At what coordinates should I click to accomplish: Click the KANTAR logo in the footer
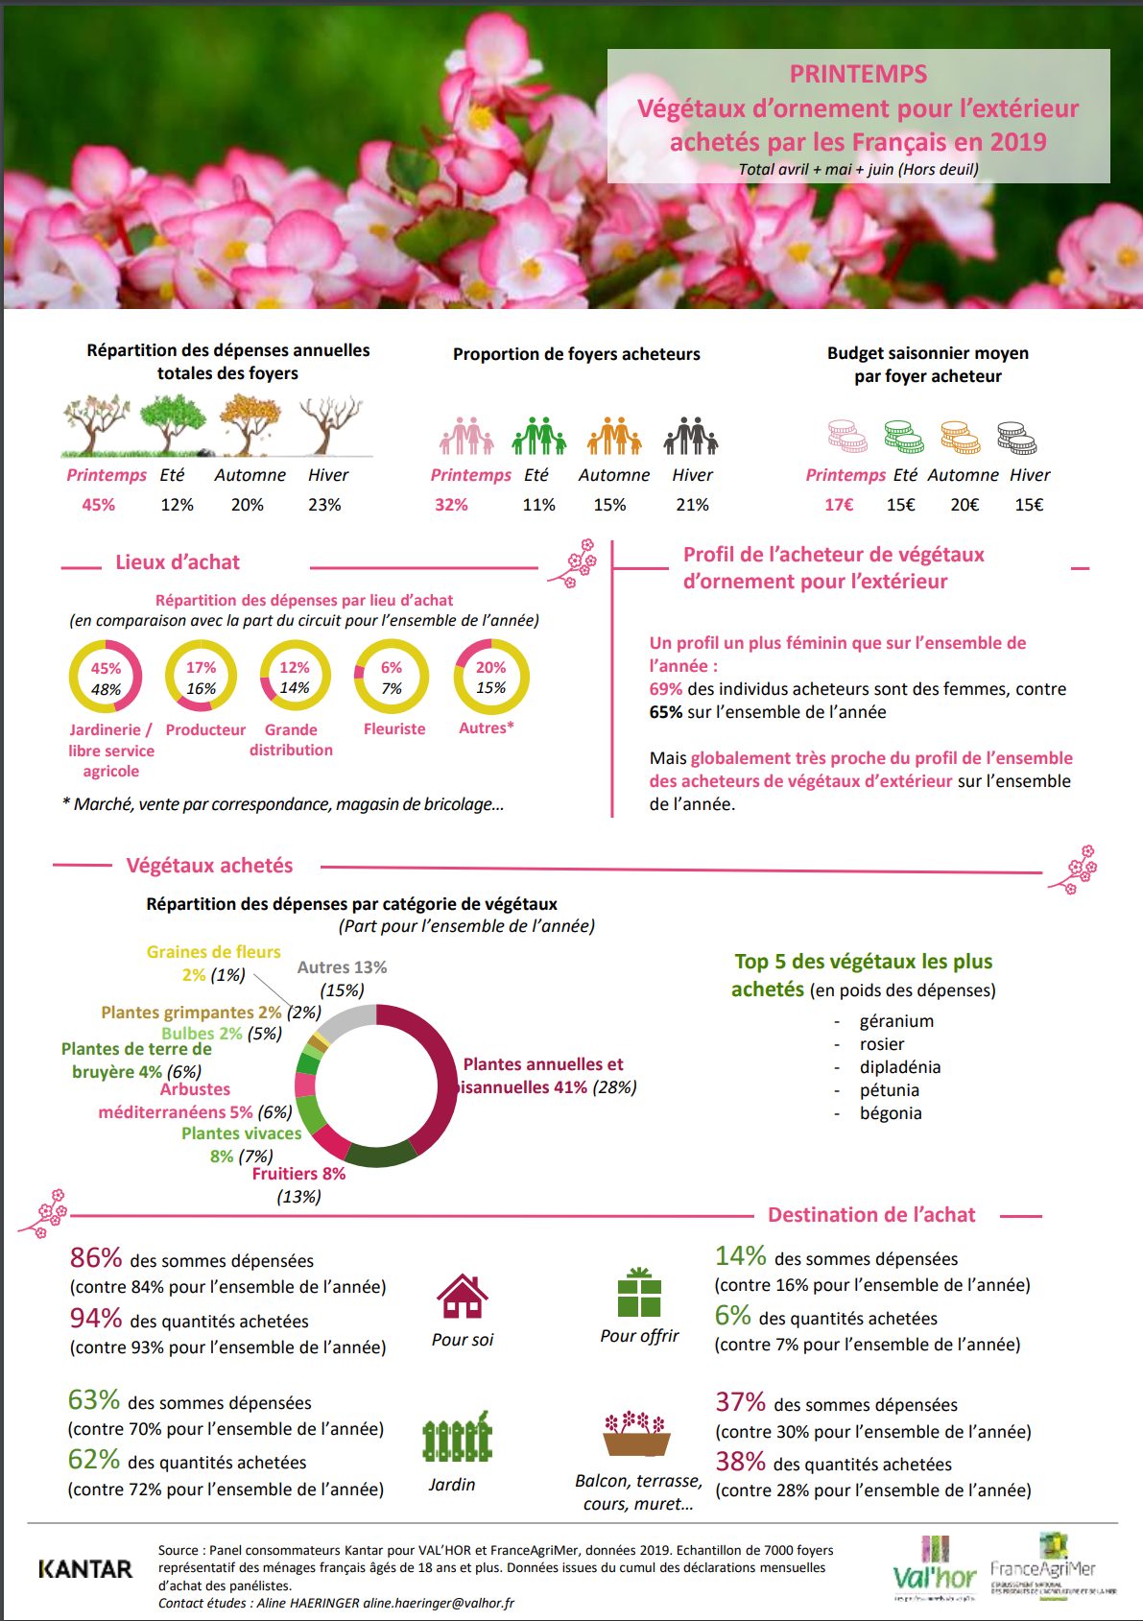tap(84, 1569)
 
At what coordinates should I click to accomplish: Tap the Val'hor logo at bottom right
tap(934, 1571)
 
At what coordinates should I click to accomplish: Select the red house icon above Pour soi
tap(462, 1297)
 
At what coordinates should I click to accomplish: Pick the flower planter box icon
tap(635, 1434)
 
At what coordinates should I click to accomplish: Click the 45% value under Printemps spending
tap(98, 505)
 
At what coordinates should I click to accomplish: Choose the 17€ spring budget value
tap(839, 505)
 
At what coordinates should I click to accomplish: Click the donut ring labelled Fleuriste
tap(392, 678)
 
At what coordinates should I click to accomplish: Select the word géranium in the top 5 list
tap(896, 1021)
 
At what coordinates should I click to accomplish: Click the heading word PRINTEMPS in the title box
tap(858, 74)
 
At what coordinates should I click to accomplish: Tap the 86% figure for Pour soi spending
tap(96, 1258)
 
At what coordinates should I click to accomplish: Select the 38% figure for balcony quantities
tap(740, 1463)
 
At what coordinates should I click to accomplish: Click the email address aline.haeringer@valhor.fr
tap(438, 1603)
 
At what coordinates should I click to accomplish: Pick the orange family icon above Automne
tap(614, 437)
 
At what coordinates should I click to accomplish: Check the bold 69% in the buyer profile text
tap(665, 689)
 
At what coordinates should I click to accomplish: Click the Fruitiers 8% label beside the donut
tap(298, 1174)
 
